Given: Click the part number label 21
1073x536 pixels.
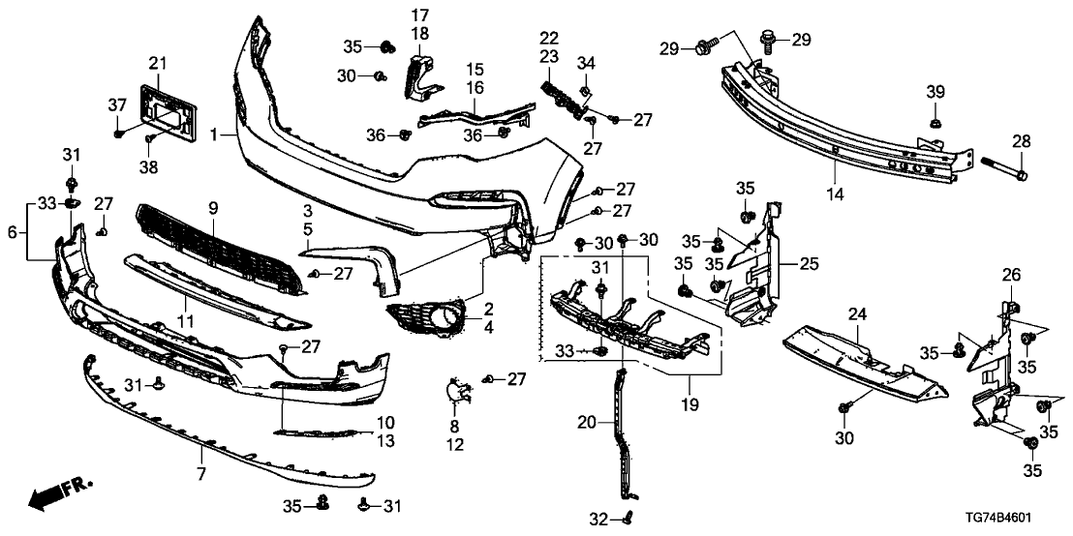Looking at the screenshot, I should [158, 64].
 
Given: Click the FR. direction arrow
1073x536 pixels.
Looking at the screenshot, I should [52, 497].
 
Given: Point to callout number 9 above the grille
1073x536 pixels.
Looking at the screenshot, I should [213, 208].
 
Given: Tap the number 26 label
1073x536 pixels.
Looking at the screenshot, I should [1011, 276].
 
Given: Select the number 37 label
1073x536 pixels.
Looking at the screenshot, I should [117, 104].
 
